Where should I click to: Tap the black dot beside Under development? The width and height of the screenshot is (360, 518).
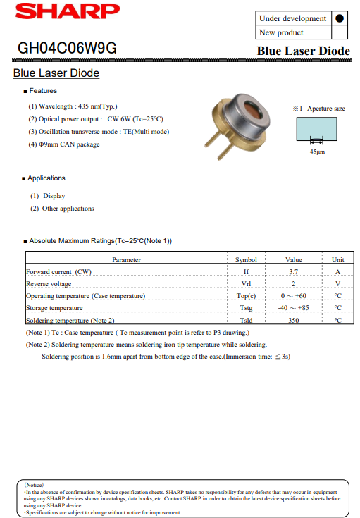[340, 18]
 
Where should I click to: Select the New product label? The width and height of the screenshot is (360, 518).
[281, 32]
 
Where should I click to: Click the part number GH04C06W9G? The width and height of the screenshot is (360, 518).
[68, 49]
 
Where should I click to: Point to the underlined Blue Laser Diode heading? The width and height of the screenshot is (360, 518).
[56, 73]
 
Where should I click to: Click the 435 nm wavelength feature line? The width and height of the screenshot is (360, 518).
[73, 106]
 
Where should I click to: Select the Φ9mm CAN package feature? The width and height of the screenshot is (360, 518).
[64, 144]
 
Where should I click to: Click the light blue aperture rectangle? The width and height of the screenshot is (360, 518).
[314, 130]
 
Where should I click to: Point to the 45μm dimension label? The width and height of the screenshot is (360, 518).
[317, 152]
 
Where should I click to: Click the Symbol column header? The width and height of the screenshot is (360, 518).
[246, 259]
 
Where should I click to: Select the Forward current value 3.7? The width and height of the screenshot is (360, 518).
[294, 271]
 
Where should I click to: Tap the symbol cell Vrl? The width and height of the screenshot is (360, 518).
[246, 283]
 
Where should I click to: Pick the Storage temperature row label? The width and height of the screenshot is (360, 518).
[54, 308]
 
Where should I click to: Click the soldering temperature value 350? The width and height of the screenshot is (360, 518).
[294, 320]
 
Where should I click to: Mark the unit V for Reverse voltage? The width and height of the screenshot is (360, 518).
[338, 283]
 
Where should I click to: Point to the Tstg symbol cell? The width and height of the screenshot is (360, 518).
[246, 308]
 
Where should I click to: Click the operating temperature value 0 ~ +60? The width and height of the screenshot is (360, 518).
[294, 296]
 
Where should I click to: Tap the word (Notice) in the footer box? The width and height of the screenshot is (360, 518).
[35, 486]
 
